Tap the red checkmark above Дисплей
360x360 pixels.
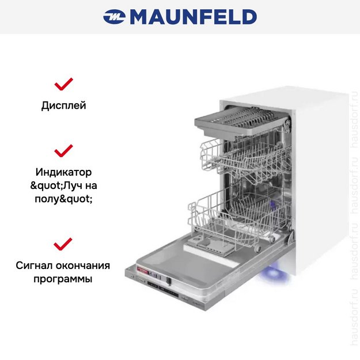point(63,85)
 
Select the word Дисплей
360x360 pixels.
point(63,106)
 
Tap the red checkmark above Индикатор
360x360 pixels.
point(63,151)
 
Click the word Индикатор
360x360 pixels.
point(63,172)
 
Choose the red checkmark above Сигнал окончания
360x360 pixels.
point(63,244)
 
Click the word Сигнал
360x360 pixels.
point(37,266)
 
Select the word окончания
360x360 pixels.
point(85,266)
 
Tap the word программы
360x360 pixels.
point(63,279)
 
